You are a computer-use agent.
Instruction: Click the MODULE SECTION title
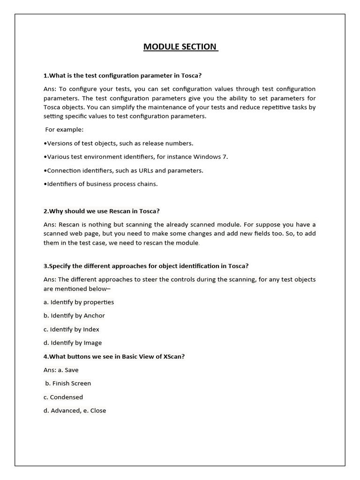tap(180, 47)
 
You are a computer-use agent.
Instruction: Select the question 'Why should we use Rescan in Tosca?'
tap(105, 211)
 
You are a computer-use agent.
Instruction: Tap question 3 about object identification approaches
tap(146, 266)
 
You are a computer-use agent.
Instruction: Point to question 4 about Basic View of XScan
tap(114, 356)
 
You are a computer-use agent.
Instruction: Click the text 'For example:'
tap(64, 129)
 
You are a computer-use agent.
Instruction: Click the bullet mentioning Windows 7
tap(135, 157)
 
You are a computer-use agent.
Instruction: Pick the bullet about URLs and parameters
tap(123, 170)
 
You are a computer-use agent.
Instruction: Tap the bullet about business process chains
tap(100, 184)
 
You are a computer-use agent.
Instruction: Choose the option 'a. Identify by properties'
tap(78, 302)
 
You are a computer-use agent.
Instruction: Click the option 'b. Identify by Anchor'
tap(74, 315)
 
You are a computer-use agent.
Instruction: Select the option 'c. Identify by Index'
tap(71, 329)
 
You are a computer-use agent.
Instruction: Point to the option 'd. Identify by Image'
tap(72, 343)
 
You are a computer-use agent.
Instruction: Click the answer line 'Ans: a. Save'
tap(61, 370)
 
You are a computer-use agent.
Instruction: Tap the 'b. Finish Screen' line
tap(68, 383)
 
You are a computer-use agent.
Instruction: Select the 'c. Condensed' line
tap(63, 397)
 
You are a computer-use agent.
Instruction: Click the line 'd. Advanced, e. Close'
tap(75, 411)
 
